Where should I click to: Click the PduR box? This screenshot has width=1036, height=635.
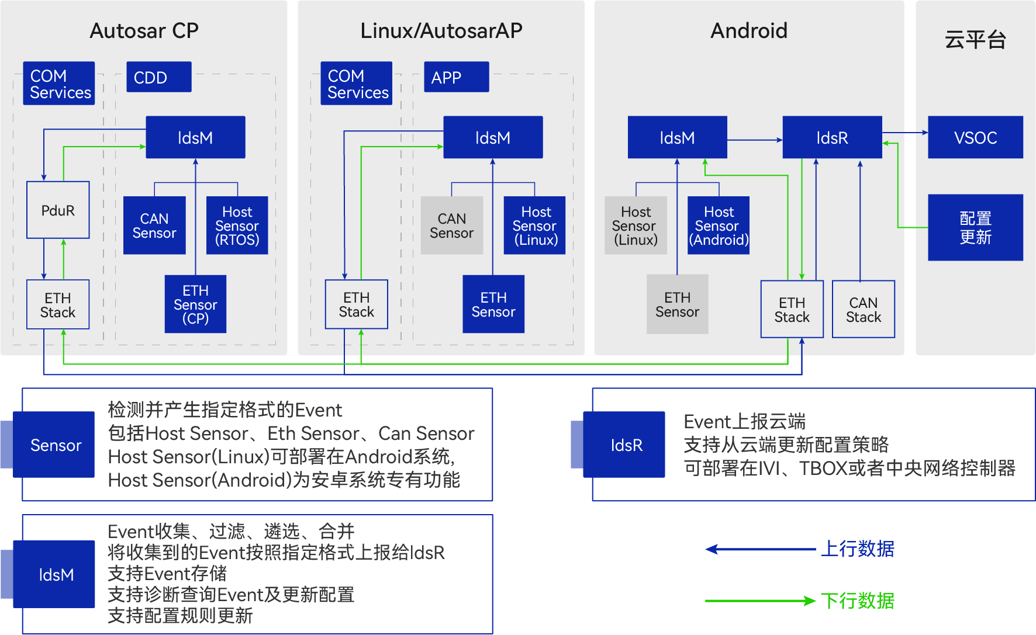(58, 210)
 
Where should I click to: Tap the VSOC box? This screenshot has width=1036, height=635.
(975, 137)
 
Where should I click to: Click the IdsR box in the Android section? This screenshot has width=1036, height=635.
(832, 137)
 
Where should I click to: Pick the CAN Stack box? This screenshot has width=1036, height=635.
(863, 310)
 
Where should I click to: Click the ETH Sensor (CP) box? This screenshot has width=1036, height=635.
(195, 304)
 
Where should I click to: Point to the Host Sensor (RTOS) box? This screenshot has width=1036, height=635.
(237, 225)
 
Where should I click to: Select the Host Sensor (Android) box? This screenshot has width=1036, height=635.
(719, 225)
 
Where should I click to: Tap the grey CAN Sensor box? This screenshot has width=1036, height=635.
(451, 225)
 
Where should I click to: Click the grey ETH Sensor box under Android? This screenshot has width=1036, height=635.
(677, 304)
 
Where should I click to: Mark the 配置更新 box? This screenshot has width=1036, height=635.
(975, 227)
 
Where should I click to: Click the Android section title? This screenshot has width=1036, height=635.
(749, 30)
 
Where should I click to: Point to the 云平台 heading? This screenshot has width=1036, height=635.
(975, 40)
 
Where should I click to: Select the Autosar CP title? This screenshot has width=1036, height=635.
(144, 30)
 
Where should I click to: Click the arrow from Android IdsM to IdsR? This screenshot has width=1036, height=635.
(755, 140)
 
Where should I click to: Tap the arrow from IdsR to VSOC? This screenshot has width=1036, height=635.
(904, 133)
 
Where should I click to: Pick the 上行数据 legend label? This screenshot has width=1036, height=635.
(857, 549)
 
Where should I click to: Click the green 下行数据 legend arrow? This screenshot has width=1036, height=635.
(759, 601)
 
